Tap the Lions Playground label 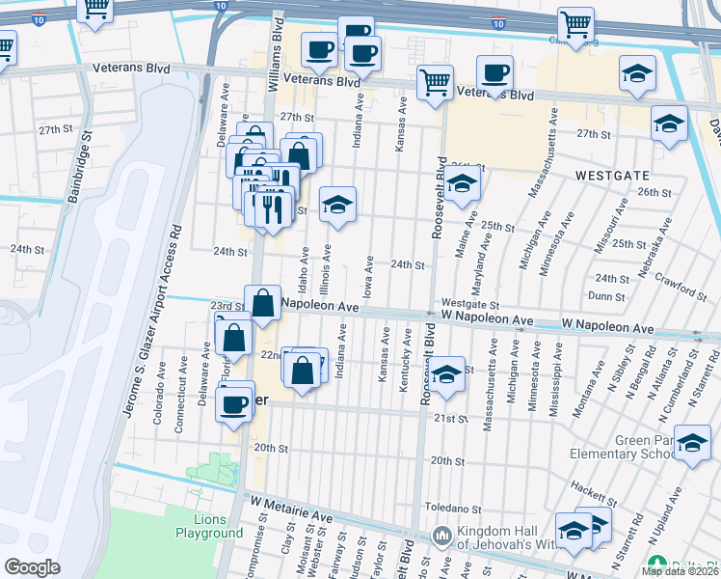[209, 526]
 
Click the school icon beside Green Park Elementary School [691, 443]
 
